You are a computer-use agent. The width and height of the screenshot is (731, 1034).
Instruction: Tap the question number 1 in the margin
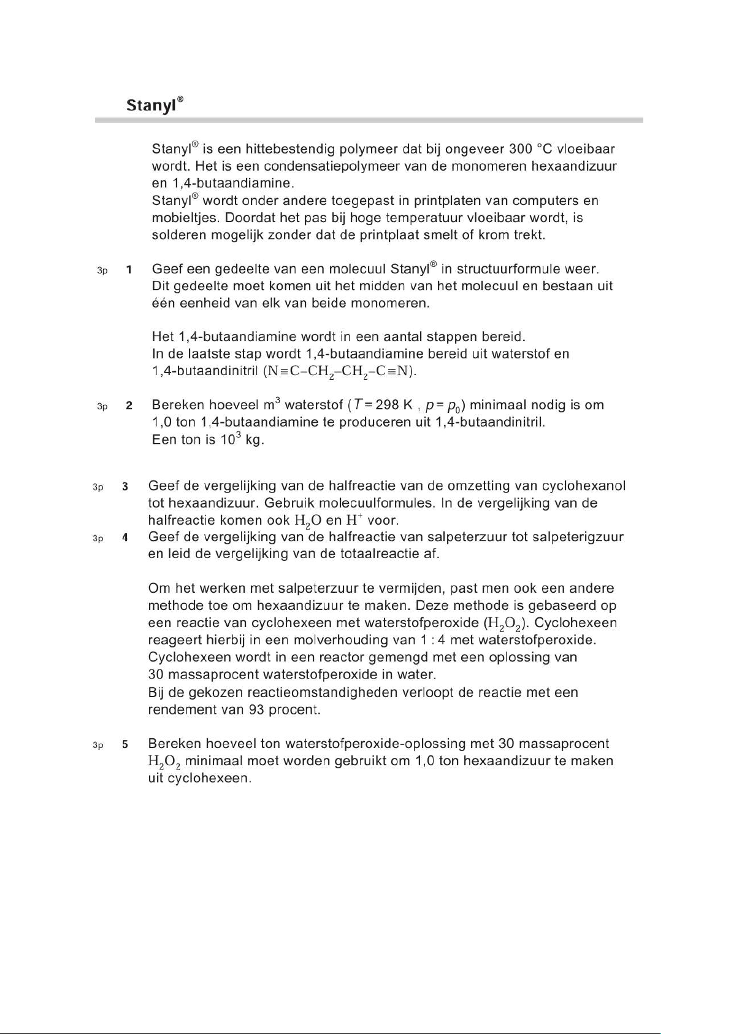129,269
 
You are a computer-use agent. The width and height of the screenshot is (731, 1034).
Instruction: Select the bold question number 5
125,744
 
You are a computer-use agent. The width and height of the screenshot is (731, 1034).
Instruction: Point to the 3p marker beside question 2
102,406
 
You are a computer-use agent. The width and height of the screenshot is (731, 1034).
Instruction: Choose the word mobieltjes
186,218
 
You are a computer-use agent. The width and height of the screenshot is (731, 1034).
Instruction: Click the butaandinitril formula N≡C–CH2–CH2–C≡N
340,372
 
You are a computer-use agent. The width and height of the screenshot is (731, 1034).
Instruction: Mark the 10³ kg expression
242,441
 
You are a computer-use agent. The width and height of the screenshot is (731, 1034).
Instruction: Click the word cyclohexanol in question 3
587,486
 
